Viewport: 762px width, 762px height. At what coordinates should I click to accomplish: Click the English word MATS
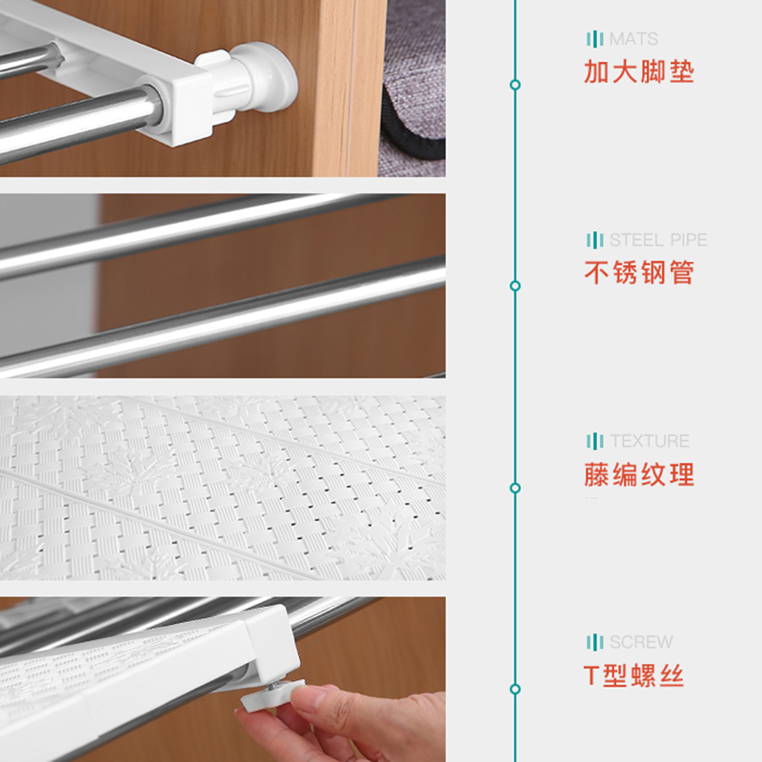pyautogui.click(x=633, y=39)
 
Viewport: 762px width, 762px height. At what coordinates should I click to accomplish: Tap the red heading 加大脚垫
pyautogui.click(x=639, y=71)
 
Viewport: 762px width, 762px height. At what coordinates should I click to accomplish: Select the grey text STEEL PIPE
pyautogui.click(x=658, y=240)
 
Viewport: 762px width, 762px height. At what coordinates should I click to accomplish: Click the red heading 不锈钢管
pyautogui.click(x=639, y=272)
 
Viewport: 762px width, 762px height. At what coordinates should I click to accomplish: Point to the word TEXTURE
pyautogui.click(x=650, y=441)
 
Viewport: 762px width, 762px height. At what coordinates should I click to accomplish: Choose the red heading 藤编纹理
pyautogui.click(x=639, y=474)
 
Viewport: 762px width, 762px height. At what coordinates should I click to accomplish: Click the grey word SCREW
pyautogui.click(x=641, y=642)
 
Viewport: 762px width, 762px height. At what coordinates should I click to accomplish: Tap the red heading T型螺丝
pyautogui.click(x=633, y=676)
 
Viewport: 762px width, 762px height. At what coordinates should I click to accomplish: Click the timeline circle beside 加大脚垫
pyautogui.click(x=515, y=85)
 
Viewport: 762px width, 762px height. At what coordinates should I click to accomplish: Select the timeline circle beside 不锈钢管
pyautogui.click(x=515, y=286)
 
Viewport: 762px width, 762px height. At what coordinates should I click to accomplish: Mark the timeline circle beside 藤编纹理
pyautogui.click(x=515, y=488)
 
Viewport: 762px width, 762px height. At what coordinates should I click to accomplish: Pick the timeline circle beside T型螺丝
pyautogui.click(x=515, y=689)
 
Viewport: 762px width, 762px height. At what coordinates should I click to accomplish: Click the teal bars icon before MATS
pyautogui.click(x=595, y=39)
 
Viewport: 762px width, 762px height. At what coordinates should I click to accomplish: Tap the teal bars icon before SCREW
pyautogui.click(x=595, y=642)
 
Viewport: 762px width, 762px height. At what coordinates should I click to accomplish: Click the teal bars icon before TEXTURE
pyautogui.click(x=595, y=441)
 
